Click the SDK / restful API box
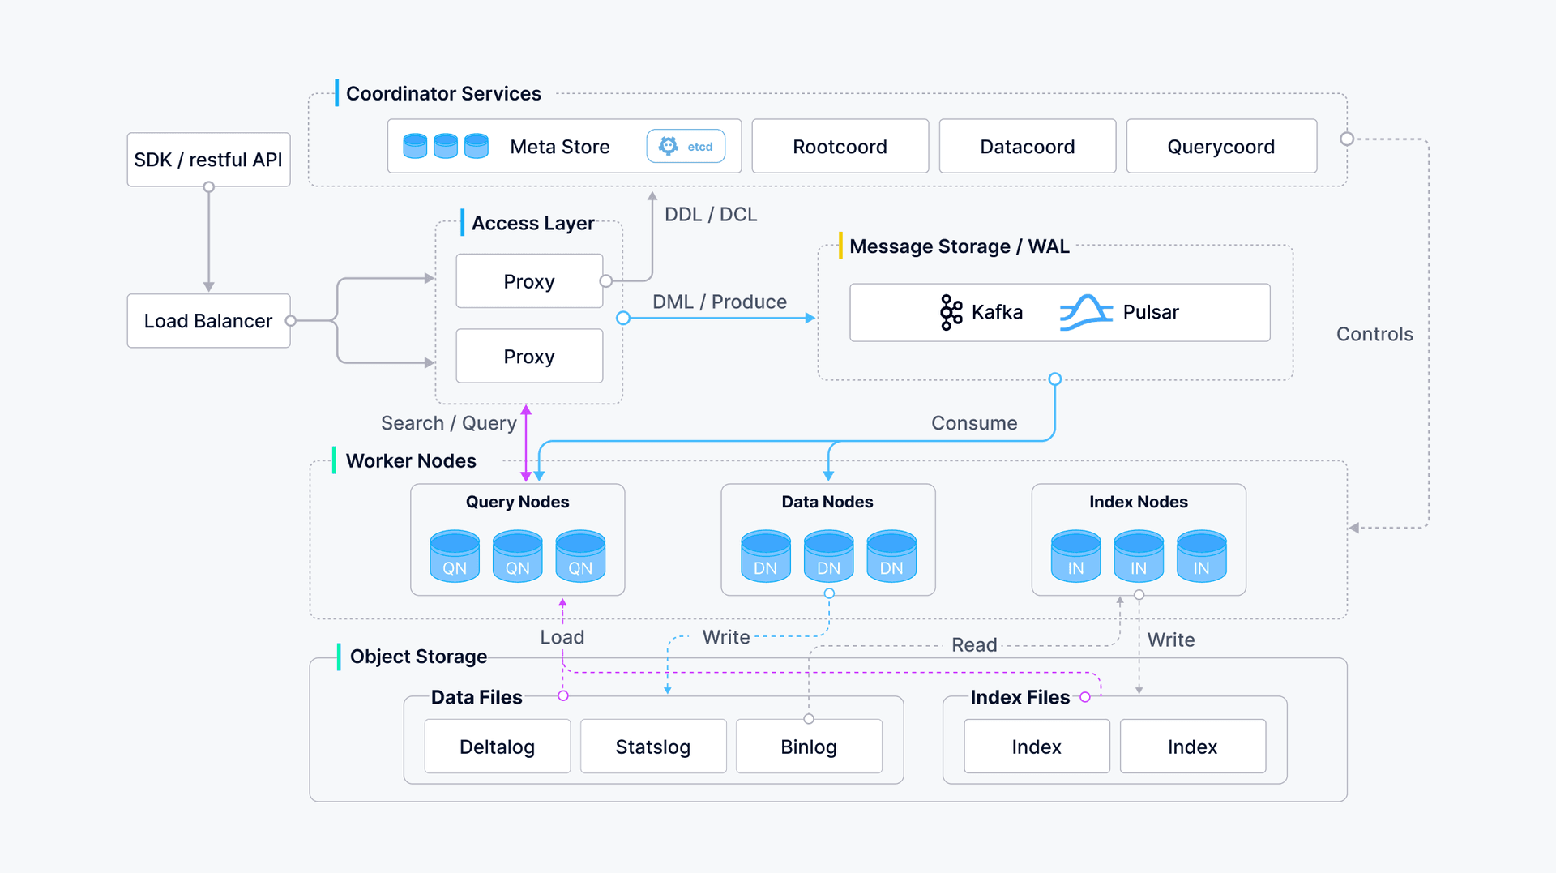click(x=208, y=160)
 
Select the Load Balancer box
click(x=208, y=321)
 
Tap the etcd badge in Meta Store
click(x=686, y=147)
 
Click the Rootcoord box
click(x=840, y=147)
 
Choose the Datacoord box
click(x=1027, y=147)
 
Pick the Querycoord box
click(x=1220, y=147)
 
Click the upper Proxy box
click(x=529, y=281)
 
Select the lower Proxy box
click(x=529, y=357)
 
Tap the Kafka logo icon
click(x=951, y=312)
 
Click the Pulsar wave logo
click(x=1086, y=312)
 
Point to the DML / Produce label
click(x=720, y=302)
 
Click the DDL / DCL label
click(x=711, y=214)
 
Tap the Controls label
click(x=1374, y=334)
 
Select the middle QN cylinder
click(x=517, y=556)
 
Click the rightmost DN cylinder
click(x=891, y=556)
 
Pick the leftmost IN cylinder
click(x=1075, y=556)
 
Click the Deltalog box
click(x=497, y=747)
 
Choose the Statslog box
click(x=652, y=747)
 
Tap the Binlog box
click(x=808, y=747)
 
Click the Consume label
click(x=974, y=423)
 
